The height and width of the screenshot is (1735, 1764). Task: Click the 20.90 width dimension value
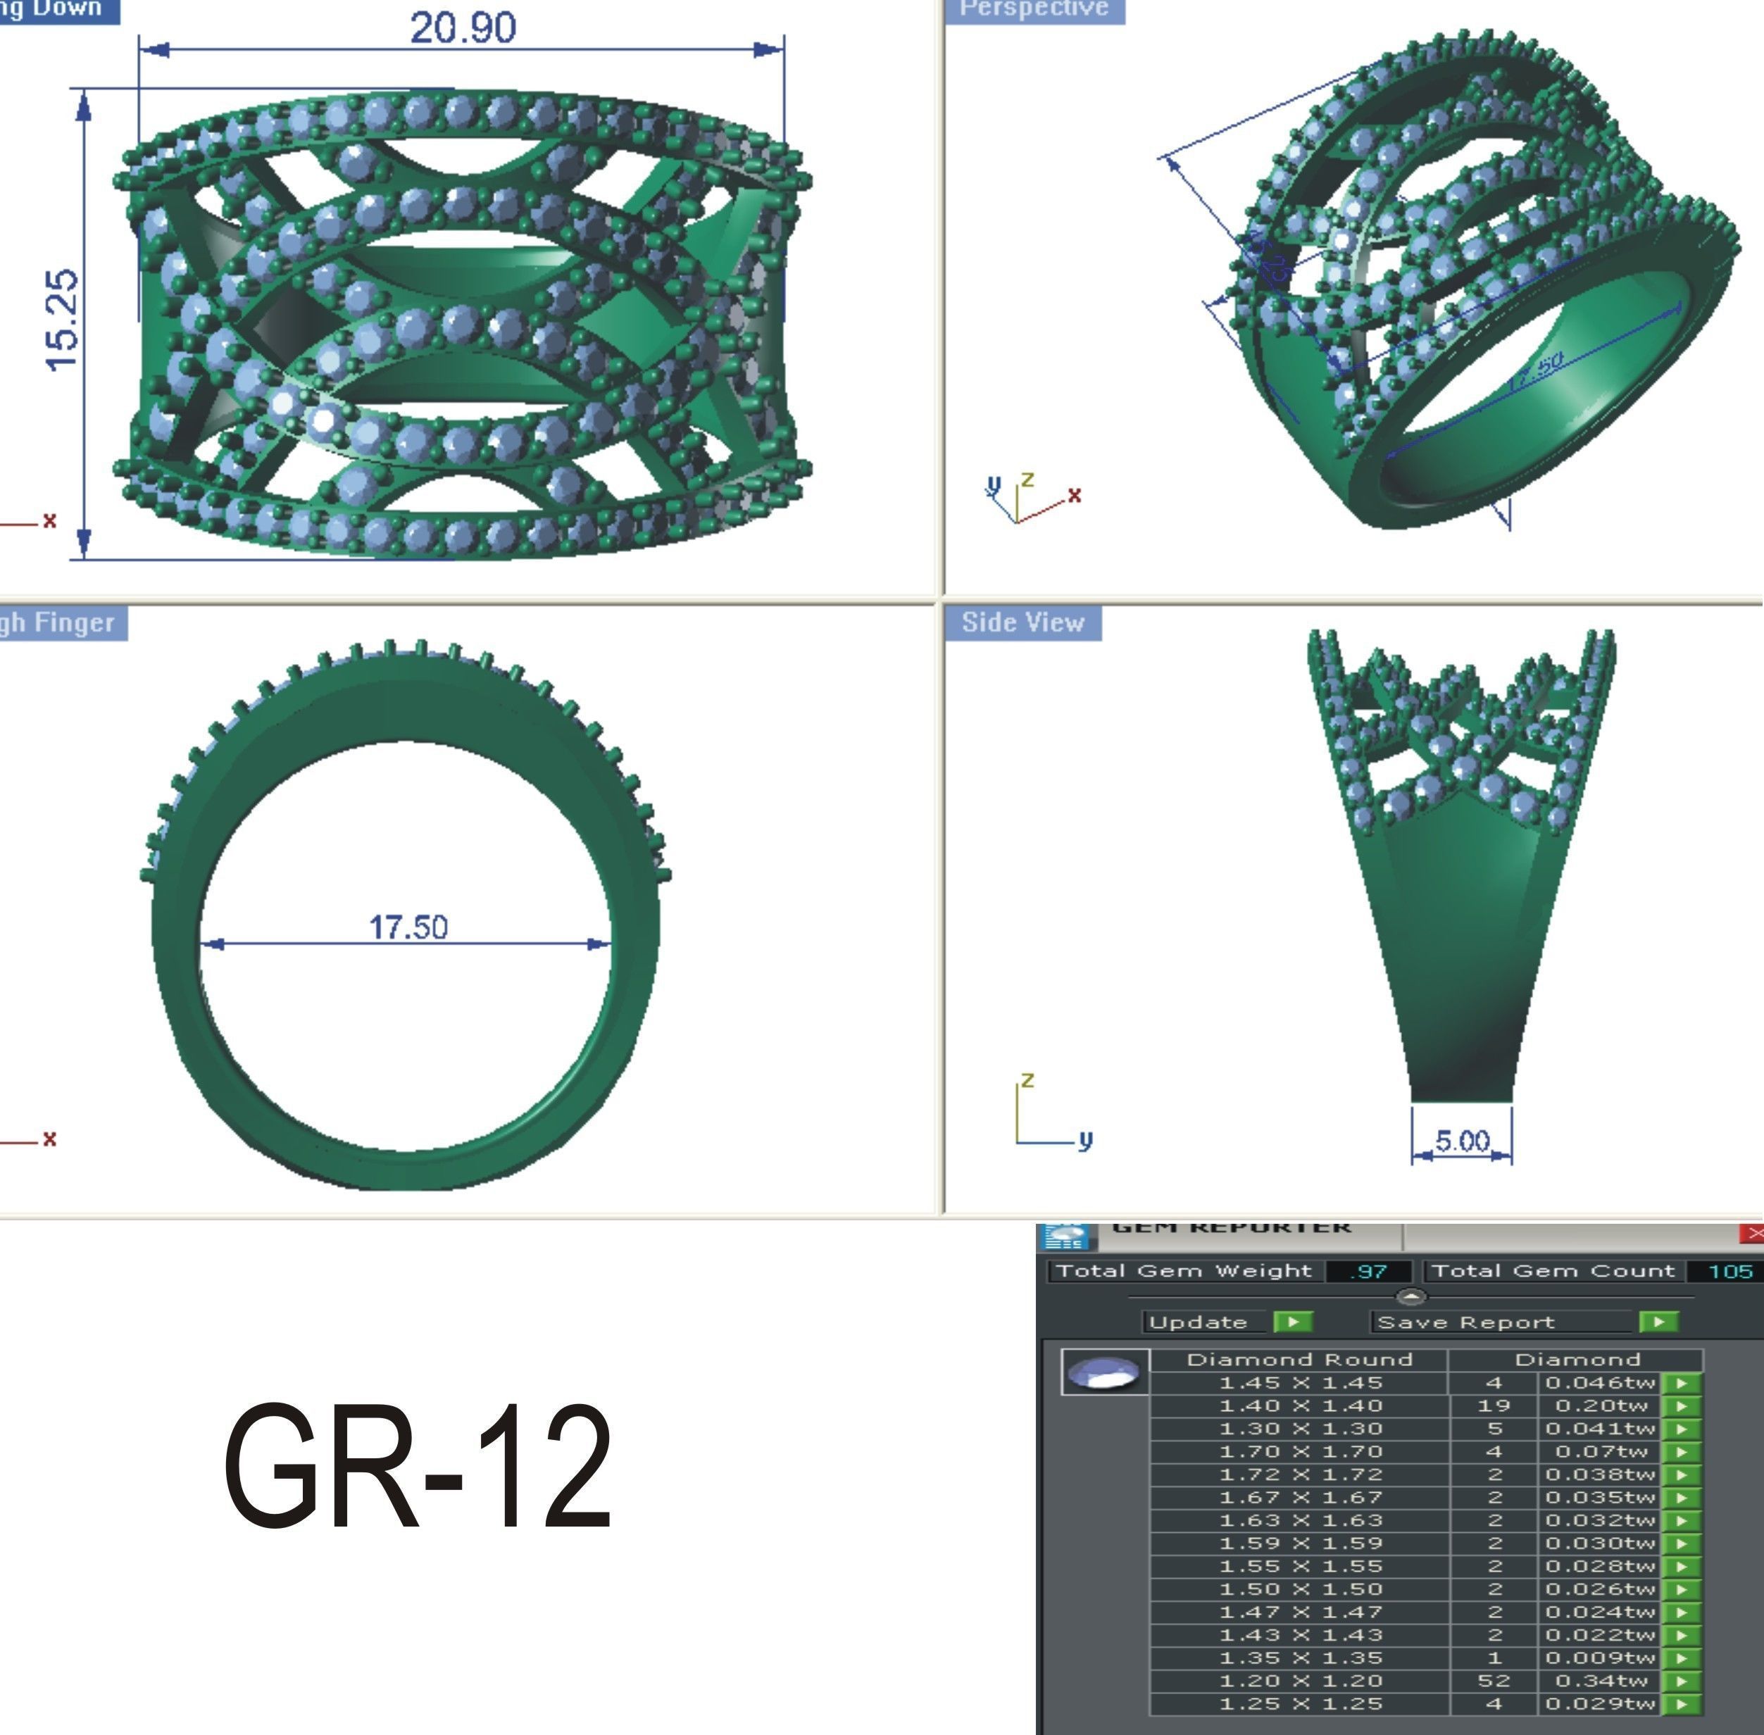(463, 28)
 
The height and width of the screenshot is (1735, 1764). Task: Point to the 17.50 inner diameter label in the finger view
(408, 927)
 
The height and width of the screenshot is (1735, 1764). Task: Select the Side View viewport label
(1022, 622)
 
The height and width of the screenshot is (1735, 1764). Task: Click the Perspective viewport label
(1034, 9)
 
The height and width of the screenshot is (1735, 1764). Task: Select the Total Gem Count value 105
(1730, 1271)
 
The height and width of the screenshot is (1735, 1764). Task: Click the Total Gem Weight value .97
(1368, 1271)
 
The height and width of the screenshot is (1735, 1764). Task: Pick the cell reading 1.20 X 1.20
(1300, 1680)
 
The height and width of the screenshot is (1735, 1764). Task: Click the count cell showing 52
(1494, 1680)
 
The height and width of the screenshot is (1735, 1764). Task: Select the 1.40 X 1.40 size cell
(1300, 1406)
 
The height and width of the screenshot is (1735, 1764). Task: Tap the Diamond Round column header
(1299, 1360)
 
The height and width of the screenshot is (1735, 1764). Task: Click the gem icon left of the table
(1104, 1372)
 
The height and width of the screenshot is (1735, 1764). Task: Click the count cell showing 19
(1494, 1406)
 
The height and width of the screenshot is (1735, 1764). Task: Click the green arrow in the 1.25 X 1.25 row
(1682, 1704)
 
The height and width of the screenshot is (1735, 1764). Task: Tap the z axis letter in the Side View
(1028, 1080)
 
